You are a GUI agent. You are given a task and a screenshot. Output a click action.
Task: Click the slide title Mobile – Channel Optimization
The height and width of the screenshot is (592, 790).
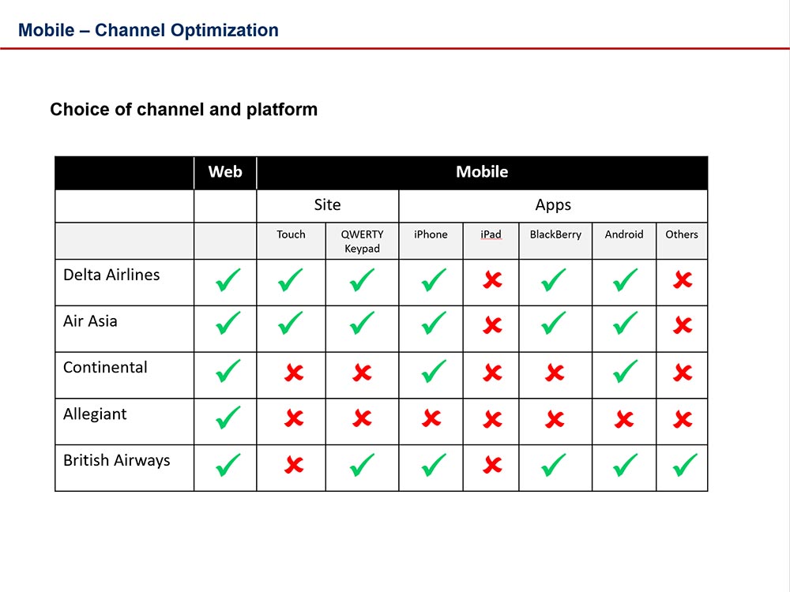tap(149, 31)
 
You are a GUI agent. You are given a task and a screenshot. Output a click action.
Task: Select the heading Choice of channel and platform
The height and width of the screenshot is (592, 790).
tap(183, 110)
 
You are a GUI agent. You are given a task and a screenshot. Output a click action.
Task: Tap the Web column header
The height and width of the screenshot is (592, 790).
tap(225, 172)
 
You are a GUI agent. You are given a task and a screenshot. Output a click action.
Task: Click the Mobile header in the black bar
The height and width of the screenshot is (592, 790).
tap(482, 172)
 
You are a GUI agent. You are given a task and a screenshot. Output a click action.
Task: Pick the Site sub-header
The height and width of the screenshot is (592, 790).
tap(327, 205)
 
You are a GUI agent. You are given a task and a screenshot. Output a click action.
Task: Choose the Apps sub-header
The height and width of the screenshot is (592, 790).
tap(553, 205)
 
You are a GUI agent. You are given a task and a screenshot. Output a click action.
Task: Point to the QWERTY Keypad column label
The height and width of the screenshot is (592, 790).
tap(362, 242)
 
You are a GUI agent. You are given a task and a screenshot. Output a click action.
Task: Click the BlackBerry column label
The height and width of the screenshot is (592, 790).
tap(555, 234)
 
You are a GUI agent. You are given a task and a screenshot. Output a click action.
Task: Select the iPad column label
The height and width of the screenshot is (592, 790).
tap(491, 234)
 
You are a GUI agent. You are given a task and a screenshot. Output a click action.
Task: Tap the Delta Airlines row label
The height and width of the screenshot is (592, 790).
tap(111, 275)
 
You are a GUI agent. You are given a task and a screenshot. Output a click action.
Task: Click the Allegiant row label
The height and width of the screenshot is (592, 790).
tap(95, 414)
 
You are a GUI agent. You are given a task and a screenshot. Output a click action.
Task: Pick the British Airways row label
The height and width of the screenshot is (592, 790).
tap(117, 461)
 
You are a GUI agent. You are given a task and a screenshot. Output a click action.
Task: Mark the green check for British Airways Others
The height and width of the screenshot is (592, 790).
tap(684, 466)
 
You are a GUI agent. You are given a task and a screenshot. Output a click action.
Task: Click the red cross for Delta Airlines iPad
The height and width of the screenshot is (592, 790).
tap(492, 280)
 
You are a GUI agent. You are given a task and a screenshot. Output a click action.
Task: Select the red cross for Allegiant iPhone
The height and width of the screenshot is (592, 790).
tap(431, 419)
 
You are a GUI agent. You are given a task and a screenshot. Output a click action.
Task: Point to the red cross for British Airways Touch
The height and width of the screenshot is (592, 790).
tap(293, 466)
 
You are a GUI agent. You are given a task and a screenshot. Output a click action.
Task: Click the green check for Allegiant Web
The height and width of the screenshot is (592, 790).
tap(228, 419)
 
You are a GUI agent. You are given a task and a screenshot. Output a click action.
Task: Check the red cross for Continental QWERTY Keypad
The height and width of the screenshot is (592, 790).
tap(362, 373)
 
